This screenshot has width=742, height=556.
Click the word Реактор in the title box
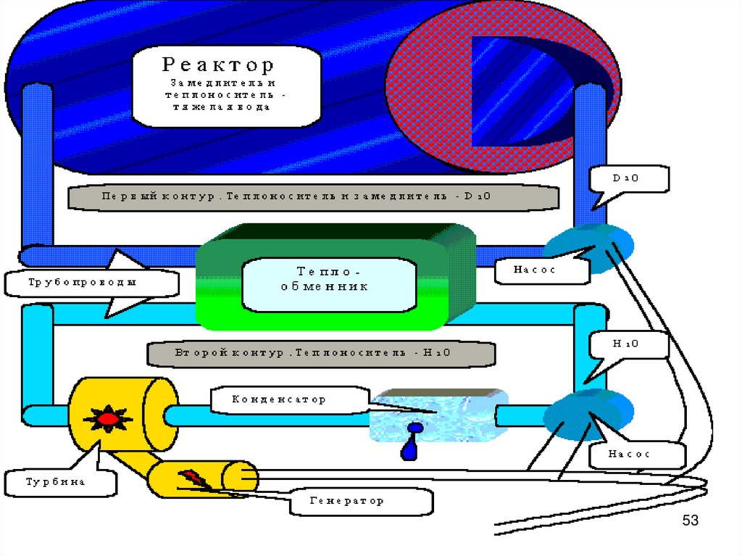[217, 65]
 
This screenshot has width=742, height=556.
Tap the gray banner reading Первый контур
[313, 196]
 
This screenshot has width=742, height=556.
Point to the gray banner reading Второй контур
[321, 354]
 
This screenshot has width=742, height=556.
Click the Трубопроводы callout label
[91, 283]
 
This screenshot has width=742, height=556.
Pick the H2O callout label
[628, 344]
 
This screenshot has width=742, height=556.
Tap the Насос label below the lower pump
[637, 455]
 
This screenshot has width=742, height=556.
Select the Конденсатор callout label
[278, 399]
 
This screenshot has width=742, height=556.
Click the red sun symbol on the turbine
[107, 418]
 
